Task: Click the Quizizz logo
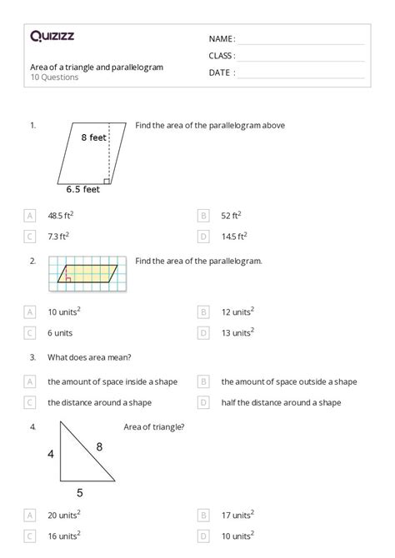click(52, 36)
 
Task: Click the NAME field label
click(222, 39)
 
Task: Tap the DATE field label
click(222, 72)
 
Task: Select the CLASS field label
click(222, 56)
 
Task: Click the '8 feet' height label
click(94, 137)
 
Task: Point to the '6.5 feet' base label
click(83, 189)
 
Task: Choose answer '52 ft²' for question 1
click(232, 216)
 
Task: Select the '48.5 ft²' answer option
click(65, 216)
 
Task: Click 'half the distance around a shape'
click(281, 402)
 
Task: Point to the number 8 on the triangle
click(99, 447)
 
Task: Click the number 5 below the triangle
click(80, 491)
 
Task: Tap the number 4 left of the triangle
click(51, 455)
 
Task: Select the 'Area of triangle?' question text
click(153, 427)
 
